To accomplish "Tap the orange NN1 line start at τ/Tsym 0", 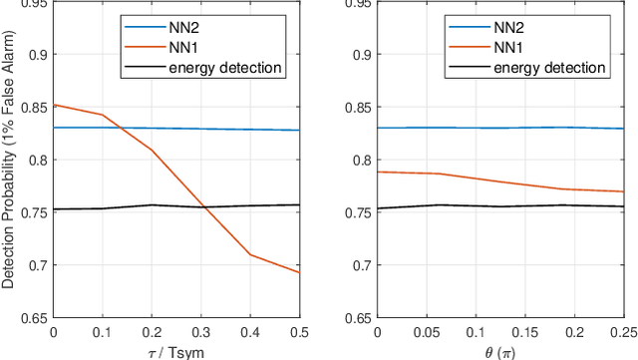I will coord(54,105).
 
